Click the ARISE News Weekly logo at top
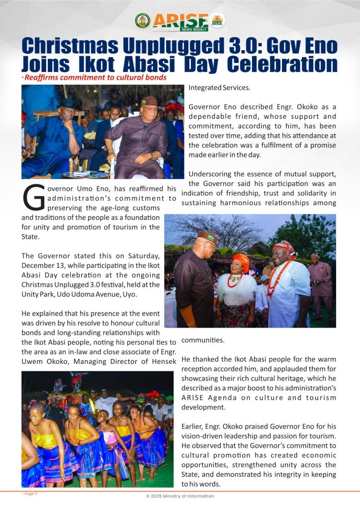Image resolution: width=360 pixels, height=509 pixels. (x=180, y=22)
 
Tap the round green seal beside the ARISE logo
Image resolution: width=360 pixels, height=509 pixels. (x=142, y=21)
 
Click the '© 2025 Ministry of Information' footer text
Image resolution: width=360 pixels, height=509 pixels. (x=180, y=496)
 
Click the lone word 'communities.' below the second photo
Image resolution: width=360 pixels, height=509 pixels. (x=203, y=340)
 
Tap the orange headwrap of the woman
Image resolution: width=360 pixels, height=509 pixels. (x=240, y=260)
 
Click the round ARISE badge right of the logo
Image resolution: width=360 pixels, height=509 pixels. (x=217, y=21)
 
